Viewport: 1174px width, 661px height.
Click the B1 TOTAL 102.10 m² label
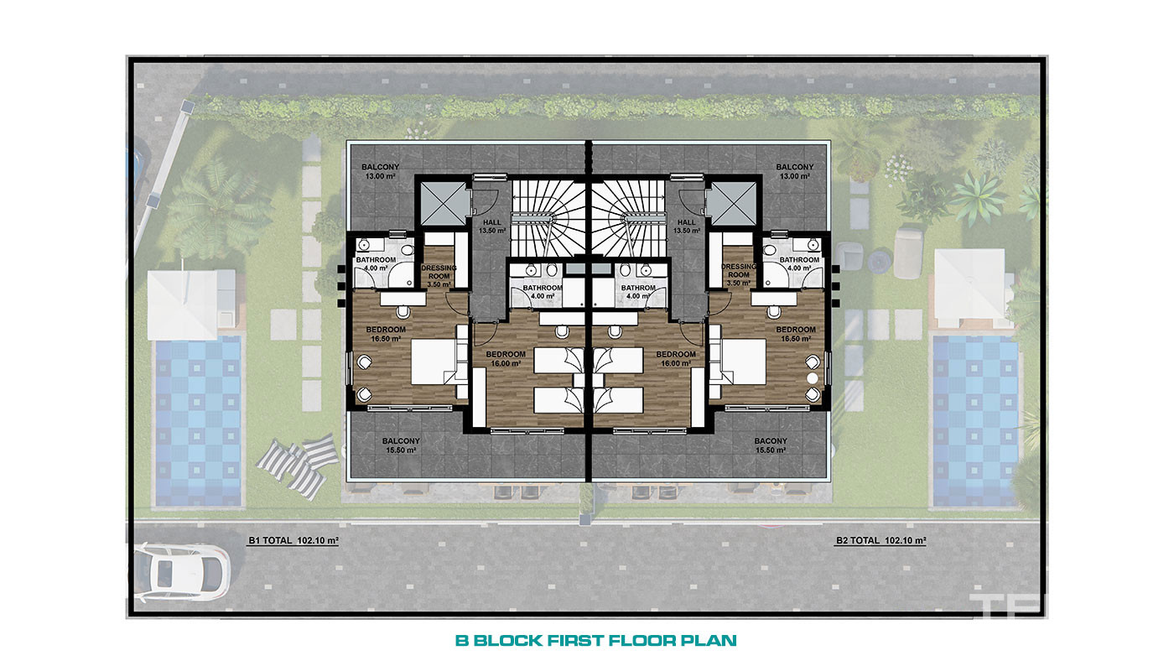(293, 540)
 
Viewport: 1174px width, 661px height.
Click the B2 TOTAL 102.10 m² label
(880, 540)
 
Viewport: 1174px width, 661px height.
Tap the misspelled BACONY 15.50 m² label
(771, 445)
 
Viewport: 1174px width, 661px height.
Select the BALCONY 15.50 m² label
(401, 445)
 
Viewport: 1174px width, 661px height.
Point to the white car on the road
(182, 572)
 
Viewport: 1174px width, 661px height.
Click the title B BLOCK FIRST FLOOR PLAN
(596, 640)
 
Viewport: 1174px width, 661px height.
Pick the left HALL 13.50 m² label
(491, 226)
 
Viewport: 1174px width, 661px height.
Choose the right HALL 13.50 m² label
(687, 226)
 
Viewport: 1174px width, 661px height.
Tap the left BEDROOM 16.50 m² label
(386, 334)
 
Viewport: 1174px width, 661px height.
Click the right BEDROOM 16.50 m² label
(796, 334)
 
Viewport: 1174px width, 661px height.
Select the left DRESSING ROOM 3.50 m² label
(439, 276)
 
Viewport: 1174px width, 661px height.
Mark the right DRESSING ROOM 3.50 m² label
(739, 274)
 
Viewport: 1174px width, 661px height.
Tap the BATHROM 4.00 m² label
(638, 292)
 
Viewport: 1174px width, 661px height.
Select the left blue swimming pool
(198, 421)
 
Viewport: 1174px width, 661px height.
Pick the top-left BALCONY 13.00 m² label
(381, 171)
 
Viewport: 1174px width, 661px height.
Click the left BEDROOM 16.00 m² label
(506, 358)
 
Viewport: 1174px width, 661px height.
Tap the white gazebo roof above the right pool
(969, 289)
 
